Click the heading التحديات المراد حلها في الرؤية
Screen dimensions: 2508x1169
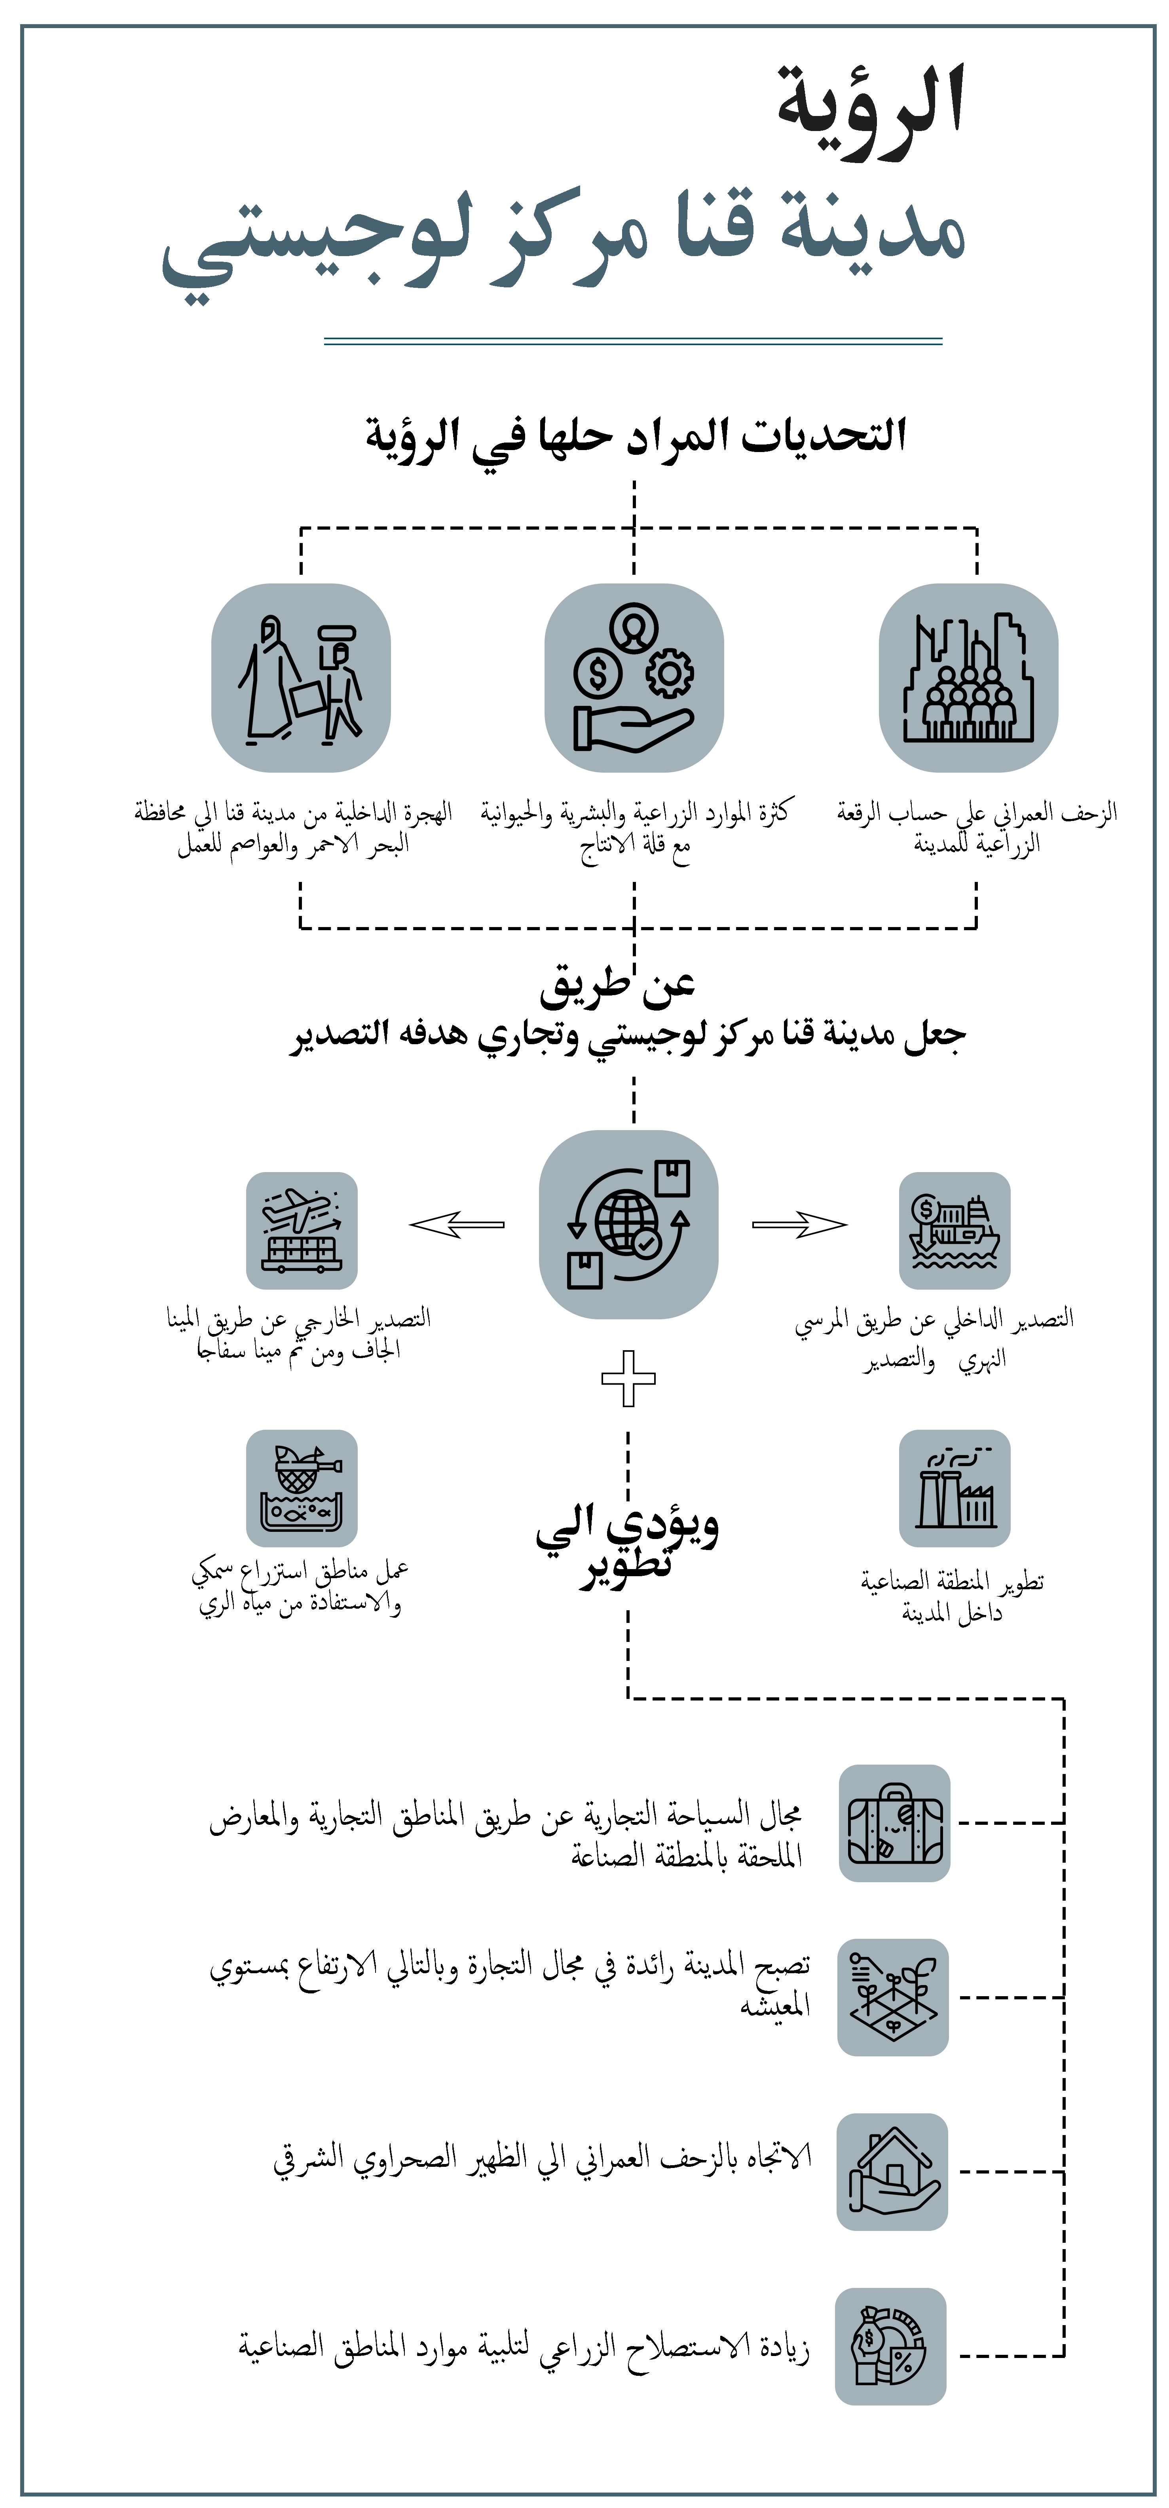click(636, 435)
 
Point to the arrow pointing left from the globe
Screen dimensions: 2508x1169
click(457, 1225)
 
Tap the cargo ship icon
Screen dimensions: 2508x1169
click(954, 1231)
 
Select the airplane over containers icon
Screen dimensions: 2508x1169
click(302, 1231)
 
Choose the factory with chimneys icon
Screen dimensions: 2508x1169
click(954, 1488)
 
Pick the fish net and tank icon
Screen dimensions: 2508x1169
click(302, 1488)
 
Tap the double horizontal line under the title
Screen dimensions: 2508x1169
click(633, 341)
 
